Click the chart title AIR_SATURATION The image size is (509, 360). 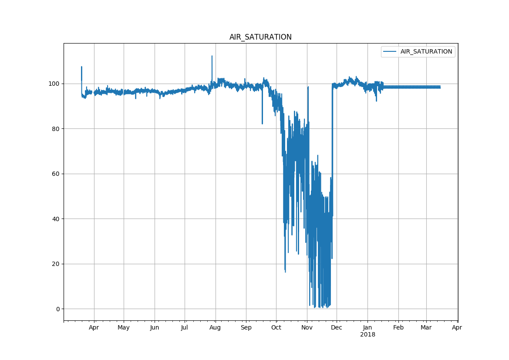(x=260, y=37)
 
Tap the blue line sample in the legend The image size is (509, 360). (x=390, y=51)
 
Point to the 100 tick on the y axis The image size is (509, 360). (x=54, y=84)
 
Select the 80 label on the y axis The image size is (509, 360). (x=56, y=129)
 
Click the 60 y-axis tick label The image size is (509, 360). (x=56, y=174)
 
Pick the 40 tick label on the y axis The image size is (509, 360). (x=56, y=219)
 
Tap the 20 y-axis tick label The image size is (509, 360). (x=56, y=264)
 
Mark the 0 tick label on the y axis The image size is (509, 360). (x=57, y=309)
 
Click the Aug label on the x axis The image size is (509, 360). (x=215, y=328)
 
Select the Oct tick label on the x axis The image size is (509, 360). (x=276, y=328)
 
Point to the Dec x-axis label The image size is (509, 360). (x=337, y=328)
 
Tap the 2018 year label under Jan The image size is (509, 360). (x=367, y=335)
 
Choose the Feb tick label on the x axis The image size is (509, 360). (x=398, y=328)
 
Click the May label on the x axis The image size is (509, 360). (x=124, y=328)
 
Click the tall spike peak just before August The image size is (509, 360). (x=212, y=56)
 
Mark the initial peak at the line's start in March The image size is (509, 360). (x=81, y=67)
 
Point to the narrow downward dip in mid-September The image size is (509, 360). (x=262, y=123)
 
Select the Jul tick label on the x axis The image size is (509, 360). (x=185, y=328)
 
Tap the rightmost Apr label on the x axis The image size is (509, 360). (x=457, y=328)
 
